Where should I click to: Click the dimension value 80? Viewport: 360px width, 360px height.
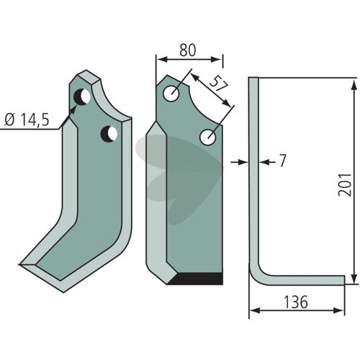(188, 50)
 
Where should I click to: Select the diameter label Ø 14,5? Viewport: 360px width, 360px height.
(27, 120)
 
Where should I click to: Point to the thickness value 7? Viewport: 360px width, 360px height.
(282, 161)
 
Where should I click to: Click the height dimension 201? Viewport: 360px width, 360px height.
(345, 184)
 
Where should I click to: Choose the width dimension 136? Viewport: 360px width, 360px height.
(296, 302)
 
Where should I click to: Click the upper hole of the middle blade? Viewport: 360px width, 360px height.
(171, 94)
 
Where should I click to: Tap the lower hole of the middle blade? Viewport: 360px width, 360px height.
(208, 138)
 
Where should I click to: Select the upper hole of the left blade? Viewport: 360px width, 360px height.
(82, 96)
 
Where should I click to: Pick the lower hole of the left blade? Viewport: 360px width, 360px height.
(109, 134)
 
